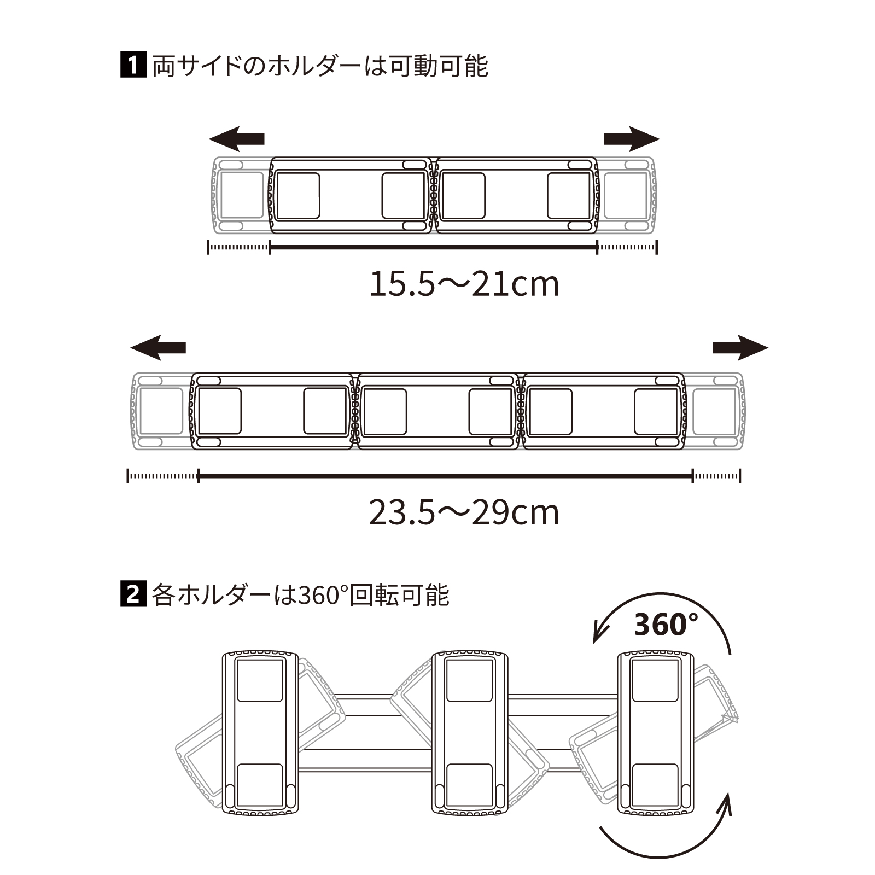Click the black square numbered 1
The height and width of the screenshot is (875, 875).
click(x=133, y=65)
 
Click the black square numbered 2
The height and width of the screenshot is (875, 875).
click(x=133, y=594)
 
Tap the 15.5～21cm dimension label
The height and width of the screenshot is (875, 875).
click(x=464, y=283)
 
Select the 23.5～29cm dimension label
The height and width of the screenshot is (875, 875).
click(x=464, y=512)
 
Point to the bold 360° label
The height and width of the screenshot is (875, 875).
click(x=666, y=625)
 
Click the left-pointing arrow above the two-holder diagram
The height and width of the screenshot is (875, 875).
click(x=236, y=139)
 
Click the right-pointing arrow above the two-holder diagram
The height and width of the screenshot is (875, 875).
click(x=632, y=139)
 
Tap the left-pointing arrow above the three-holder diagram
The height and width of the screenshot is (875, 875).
click(x=158, y=348)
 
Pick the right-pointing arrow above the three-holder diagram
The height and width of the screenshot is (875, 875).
click(x=740, y=348)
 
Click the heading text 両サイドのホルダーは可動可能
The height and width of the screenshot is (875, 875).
click(x=320, y=66)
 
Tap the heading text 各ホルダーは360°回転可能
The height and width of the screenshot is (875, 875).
click(x=300, y=594)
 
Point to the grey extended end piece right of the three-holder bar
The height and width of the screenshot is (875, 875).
click(x=714, y=411)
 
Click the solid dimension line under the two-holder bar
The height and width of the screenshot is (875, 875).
click(x=434, y=247)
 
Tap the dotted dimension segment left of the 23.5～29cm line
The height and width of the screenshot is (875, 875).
click(x=163, y=476)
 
